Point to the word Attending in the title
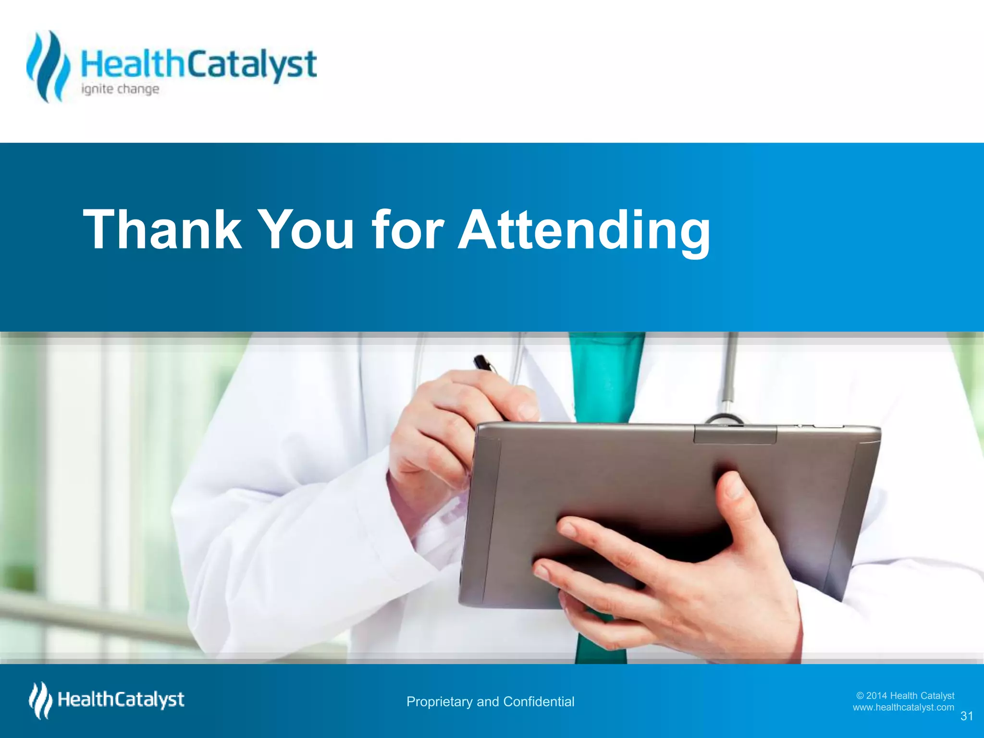(583, 231)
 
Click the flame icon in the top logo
(48, 66)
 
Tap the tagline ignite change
(120, 89)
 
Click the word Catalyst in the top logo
(251, 65)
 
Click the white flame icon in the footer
(40, 701)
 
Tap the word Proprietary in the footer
(439, 702)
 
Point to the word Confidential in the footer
(539, 701)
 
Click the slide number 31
(967, 716)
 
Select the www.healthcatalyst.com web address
(903, 707)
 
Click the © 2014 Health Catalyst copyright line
(905, 695)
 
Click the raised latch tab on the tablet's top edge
(735, 434)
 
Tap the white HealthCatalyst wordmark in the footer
(121, 700)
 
